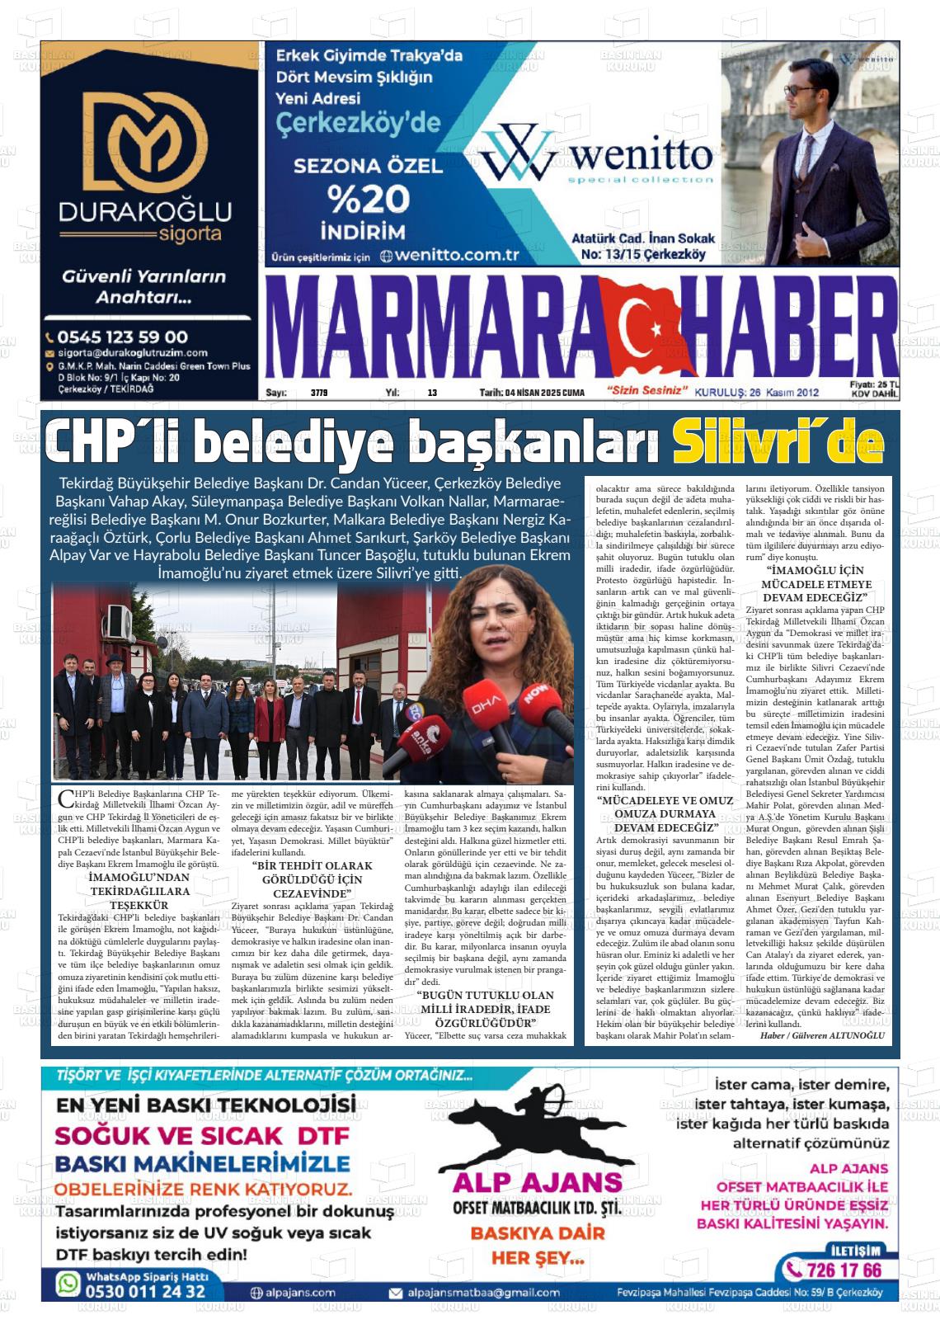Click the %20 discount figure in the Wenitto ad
pyautogui.click(x=369, y=198)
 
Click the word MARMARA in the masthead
pyautogui.click(x=433, y=328)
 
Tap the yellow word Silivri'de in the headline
pyautogui.click(x=778, y=443)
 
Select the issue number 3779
pyautogui.click(x=319, y=393)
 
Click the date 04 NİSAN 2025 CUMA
pyautogui.click(x=532, y=393)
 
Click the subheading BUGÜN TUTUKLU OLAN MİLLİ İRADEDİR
pyautogui.click(x=485, y=1009)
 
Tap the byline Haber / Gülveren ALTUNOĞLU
pyautogui.click(x=821, y=1035)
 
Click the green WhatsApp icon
pyautogui.click(x=68, y=1284)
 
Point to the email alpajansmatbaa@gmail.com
pyautogui.click(x=482, y=1293)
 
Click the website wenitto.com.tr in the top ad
pyautogui.click(x=456, y=256)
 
